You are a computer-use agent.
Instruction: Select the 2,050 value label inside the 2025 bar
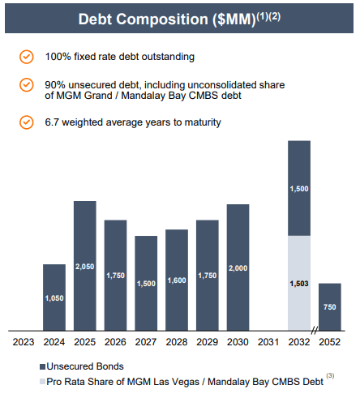(85, 267)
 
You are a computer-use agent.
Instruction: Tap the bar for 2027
(146, 283)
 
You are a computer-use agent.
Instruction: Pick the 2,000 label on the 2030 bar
(238, 268)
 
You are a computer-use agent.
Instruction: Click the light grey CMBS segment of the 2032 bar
(299, 283)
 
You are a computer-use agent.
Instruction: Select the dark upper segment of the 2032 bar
(299, 188)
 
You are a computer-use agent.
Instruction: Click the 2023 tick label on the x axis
(24, 342)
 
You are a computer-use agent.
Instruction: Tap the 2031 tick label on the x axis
(268, 342)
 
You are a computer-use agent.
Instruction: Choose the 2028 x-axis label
(177, 342)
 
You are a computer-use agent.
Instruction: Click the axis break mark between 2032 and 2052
(314, 332)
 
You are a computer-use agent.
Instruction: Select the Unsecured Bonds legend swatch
(41, 366)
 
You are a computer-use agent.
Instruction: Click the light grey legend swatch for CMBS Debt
(41, 381)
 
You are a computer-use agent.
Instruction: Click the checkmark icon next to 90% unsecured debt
(27, 84)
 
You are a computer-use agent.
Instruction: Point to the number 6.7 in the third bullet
(54, 122)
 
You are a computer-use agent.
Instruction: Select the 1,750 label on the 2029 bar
(207, 276)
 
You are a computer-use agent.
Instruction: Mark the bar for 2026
(115, 276)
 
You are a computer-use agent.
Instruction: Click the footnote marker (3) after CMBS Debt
(330, 376)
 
